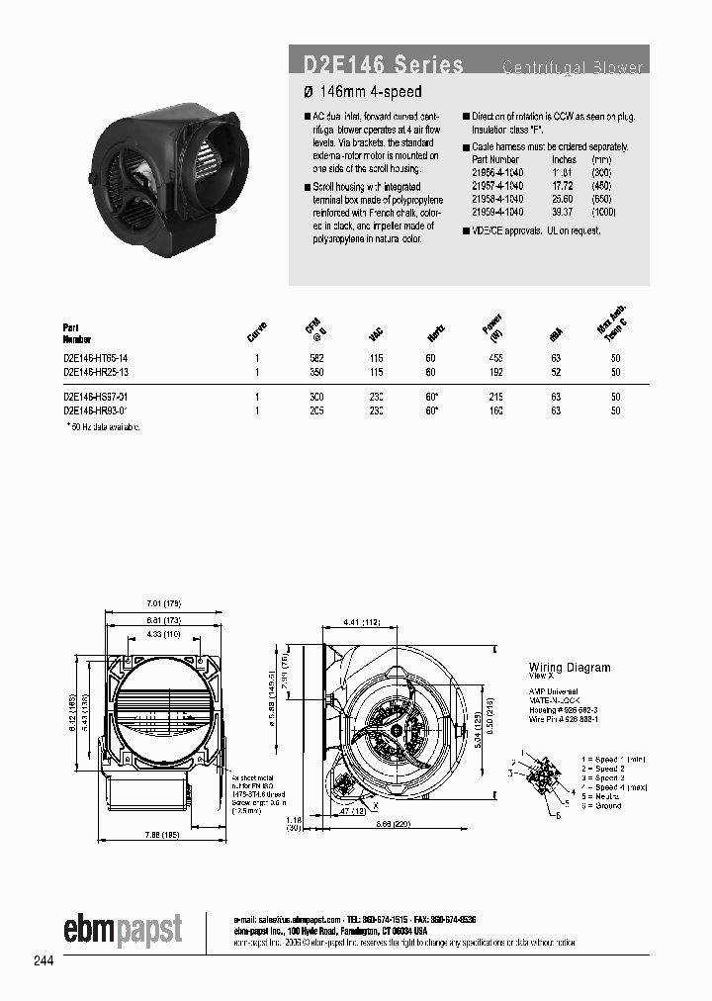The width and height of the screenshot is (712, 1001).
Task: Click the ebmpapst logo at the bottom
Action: coord(123,930)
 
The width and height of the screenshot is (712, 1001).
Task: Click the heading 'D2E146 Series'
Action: coord(379,66)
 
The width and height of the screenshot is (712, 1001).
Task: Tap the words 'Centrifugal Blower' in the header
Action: coord(573,68)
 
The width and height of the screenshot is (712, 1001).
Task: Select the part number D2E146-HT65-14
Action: coord(96,359)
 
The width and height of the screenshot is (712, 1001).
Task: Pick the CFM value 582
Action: coord(318,359)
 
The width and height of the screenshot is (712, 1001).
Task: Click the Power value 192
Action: coord(494,372)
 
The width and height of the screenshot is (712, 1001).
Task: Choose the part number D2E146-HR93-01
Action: coord(96,409)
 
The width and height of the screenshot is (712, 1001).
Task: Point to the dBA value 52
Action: coord(556,372)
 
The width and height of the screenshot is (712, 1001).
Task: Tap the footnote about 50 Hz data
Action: coord(103,426)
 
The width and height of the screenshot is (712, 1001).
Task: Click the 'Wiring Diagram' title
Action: coord(570,668)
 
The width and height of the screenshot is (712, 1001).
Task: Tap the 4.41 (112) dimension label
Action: coord(366,621)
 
